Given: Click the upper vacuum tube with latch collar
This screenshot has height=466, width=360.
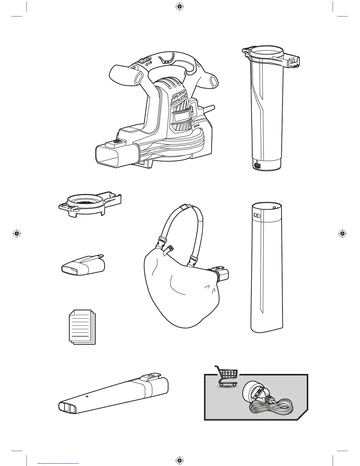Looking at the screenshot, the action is click(x=266, y=112).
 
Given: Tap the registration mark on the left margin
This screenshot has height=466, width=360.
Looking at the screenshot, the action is click(x=17, y=233).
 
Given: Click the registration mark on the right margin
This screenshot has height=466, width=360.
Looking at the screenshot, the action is click(x=342, y=233).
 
